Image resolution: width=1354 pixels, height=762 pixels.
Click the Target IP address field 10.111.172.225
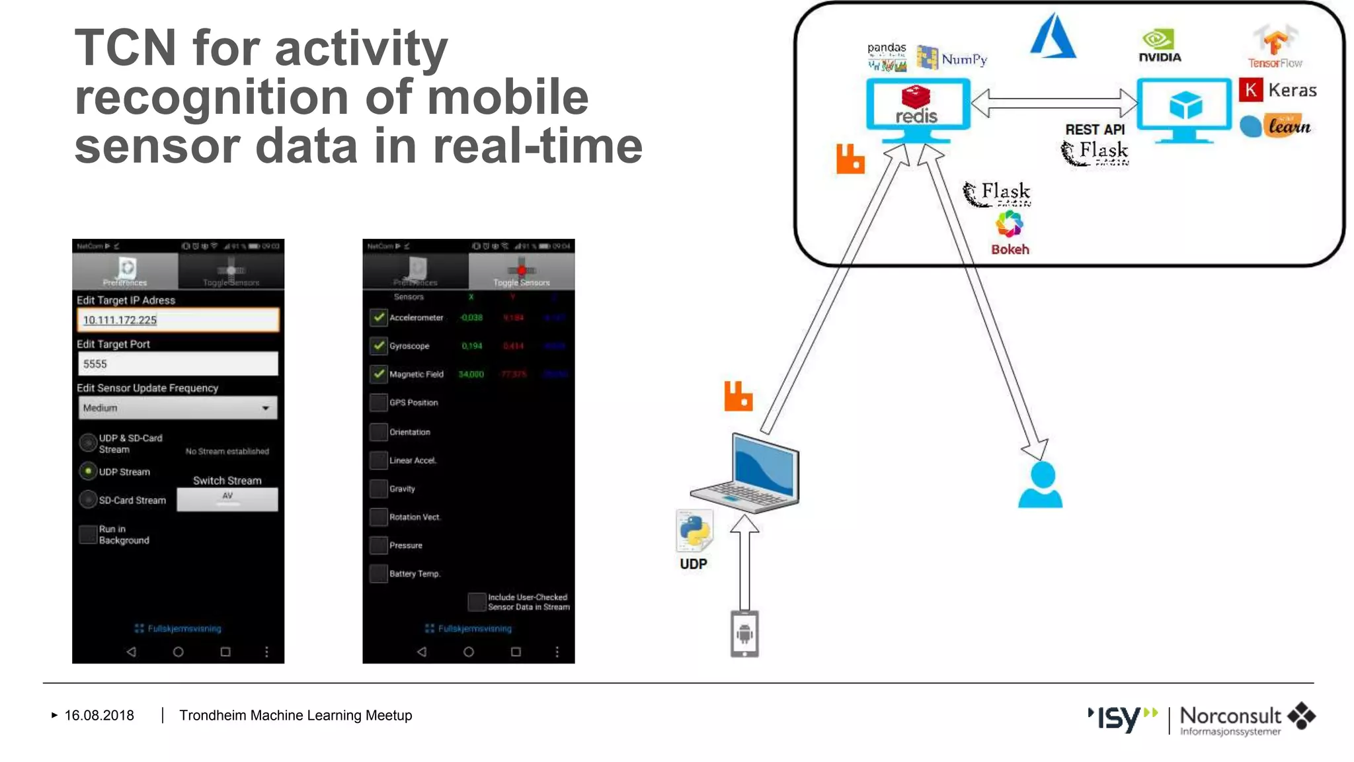tap(178, 320)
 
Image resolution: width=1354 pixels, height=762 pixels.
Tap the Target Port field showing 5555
tap(178, 364)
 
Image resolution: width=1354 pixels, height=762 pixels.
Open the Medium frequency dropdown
tap(178, 408)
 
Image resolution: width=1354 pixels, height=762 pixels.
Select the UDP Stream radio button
tap(88, 471)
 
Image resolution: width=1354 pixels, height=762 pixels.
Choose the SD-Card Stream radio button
tap(88, 499)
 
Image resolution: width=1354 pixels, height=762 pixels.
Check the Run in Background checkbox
tap(88, 534)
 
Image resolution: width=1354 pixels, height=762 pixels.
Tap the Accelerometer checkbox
tap(378, 317)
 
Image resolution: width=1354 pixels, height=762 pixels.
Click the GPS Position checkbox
tap(378, 402)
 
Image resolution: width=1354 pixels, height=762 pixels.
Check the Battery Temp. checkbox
tap(378, 573)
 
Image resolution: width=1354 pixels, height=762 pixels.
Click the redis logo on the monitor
tap(916, 106)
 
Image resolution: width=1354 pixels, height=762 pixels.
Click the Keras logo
tap(1278, 90)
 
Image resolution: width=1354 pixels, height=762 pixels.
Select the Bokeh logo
tap(1010, 232)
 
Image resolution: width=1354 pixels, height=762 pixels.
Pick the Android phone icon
tap(744, 634)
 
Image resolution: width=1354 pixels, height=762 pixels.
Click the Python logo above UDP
tap(694, 531)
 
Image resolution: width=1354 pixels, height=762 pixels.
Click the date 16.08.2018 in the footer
tap(99, 715)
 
